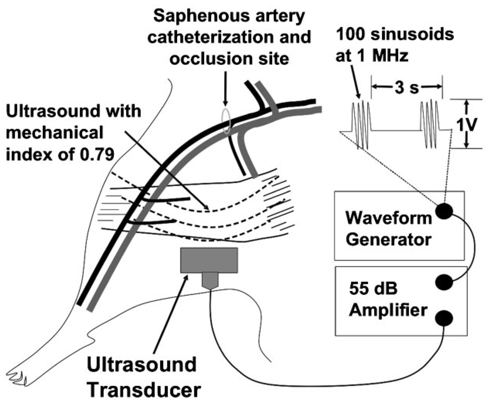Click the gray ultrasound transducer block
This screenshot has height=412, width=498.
click(x=209, y=260)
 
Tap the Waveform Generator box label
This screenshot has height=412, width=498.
click(x=388, y=229)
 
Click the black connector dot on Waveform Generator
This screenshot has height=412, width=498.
click(x=444, y=211)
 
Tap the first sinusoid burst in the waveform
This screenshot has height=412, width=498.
click(x=359, y=125)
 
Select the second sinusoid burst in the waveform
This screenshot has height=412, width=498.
click(x=429, y=125)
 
